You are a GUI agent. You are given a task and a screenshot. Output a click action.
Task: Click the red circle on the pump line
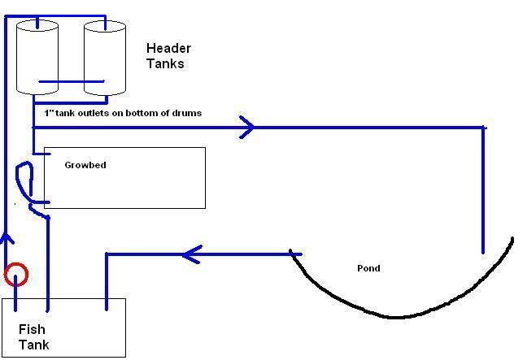(16, 275)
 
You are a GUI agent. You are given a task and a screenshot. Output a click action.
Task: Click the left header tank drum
(37, 57)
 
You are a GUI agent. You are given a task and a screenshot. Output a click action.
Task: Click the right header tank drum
(105, 57)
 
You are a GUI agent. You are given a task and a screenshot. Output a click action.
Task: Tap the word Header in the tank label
(168, 49)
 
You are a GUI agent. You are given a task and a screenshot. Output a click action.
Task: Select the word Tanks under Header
(165, 63)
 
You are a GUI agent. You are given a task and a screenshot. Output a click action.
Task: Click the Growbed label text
(85, 165)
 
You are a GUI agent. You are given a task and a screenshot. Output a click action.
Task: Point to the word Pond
(368, 268)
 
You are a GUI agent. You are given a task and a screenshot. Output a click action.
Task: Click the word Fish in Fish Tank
(32, 330)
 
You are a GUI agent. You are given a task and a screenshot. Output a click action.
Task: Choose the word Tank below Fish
(34, 345)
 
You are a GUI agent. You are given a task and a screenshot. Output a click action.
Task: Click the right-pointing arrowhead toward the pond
(247, 127)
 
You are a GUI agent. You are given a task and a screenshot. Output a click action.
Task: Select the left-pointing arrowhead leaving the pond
(190, 255)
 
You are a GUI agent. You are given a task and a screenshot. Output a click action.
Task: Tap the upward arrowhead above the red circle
(7, 239)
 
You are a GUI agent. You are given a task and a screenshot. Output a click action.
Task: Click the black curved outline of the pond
(399, 316)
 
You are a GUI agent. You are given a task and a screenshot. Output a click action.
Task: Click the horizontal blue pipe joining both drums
(72, 81)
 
